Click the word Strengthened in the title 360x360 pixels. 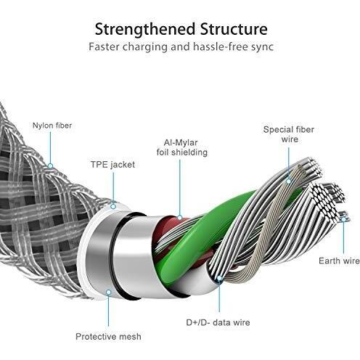pyautogui.click(x=145, y=29)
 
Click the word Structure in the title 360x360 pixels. pyautogui.click(x=234, y=29)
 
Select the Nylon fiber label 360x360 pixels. pyautogui.click(x=52, y=126)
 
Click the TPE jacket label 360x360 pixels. pyautogui.click(x=112, y=165)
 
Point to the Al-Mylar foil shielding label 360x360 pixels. pyautogui.click(x=182, y=147)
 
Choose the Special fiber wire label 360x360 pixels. pyautogui.click(x=289, y=134)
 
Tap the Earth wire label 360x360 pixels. pyautogui.click(x=339, y=261)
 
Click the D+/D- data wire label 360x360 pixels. pyautogui.click(x=218, y=322)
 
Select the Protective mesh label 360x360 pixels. pyautogui.click(x=108, y=337)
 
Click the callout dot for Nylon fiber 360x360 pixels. pyautogui.click(x=50, y=166)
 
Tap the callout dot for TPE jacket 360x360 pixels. pyautogui.click(x=113, y=206)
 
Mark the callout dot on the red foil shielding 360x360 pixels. pyautogui.click(x=180, y=217)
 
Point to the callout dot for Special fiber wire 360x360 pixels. pyautogui.click(x=289, y=181)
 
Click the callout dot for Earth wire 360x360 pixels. pyautogui.click(x=343, y=219)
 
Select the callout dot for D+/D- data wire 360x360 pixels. pyautogui.click(x=219, y=279)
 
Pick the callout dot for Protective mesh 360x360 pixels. pyautogui.click(x=109, y=292)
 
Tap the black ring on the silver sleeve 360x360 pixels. pyautogui.click(x=114, y=254)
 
